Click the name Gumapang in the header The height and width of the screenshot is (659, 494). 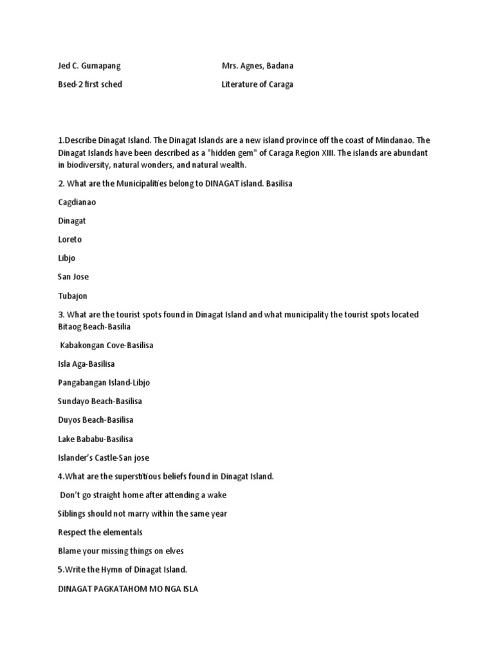[99, 66]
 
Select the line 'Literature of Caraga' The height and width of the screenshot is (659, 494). [257, 84]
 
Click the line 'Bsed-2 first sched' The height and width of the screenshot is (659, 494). [90, 84]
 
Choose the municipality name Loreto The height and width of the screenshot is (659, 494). [69, 239]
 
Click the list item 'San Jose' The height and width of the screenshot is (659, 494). [73, 277]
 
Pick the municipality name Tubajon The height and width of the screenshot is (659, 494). [73, 296]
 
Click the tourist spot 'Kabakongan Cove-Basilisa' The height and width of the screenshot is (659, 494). [106, 346]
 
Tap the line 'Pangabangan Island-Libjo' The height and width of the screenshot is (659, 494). [104, 383]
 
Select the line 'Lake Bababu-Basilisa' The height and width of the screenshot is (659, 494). [95, 439]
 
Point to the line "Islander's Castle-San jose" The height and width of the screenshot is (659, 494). [104, 458]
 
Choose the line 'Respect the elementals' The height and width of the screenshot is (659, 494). [100, 532]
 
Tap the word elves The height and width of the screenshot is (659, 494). [174, 551]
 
